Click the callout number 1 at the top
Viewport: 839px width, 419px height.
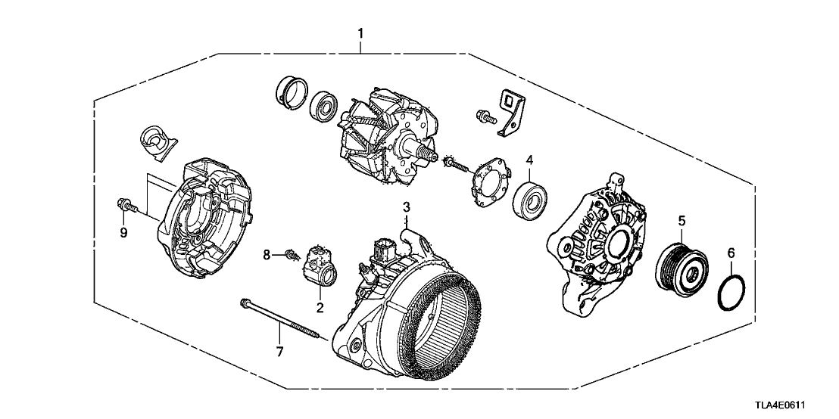click(x=360, y=33)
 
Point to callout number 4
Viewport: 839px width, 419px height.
click(x=530, y=160)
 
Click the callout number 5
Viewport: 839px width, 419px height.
click(x=681, y=221)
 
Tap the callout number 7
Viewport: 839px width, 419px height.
click(x=279, y=351)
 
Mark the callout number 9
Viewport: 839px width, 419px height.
click(x=123, y=231)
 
